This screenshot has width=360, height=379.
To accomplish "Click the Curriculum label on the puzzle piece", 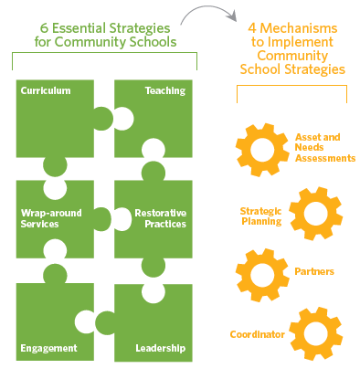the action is coord(46,90).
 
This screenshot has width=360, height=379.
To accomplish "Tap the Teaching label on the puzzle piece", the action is coord(165,91).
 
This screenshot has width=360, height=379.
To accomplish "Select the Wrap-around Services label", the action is coord(51,218).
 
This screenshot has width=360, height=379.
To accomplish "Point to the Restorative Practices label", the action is coord(161,218).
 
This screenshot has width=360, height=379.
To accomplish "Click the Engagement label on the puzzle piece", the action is coord(48,348).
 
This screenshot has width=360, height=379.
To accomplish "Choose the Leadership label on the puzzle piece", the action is coord(161,348).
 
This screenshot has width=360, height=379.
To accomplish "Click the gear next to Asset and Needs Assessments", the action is coord(262,150).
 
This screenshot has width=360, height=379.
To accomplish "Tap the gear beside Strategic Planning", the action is coord(316,214).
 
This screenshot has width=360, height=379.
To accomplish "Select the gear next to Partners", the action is coord(262,275).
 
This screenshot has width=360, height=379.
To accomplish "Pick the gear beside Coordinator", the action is coord(316,333).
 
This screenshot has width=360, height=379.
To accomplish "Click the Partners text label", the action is coord(314,271).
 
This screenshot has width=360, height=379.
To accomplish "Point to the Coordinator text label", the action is coord(258,334).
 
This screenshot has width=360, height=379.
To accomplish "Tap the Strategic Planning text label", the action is coord(261,216).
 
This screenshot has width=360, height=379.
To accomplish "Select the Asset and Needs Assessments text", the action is coord(325,148).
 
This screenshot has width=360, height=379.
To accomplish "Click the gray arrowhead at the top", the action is coord(233,16).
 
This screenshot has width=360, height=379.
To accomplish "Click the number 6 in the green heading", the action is coord(44,28).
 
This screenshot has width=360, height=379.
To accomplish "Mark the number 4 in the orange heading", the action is coord(252,28).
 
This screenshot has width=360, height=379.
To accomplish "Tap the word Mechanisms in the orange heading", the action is coord(299,28).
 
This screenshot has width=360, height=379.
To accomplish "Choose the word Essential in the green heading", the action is coord(79,28).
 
